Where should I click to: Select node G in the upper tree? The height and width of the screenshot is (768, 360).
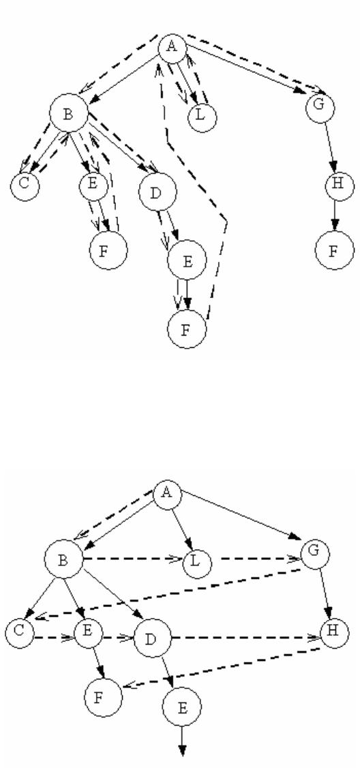(320, 106)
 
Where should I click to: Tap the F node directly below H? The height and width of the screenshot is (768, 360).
(335, 250)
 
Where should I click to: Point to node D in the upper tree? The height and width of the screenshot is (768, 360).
(157, 192)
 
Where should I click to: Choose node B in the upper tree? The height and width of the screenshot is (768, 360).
(69, 113)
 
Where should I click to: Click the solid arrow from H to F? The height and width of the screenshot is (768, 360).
(335, 215)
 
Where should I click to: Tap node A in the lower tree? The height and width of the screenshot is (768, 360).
(168, 494)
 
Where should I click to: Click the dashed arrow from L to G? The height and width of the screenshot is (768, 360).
(256, 559)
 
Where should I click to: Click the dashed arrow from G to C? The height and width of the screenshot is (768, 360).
(168, 593)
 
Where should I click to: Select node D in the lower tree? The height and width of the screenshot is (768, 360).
(152, 638)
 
